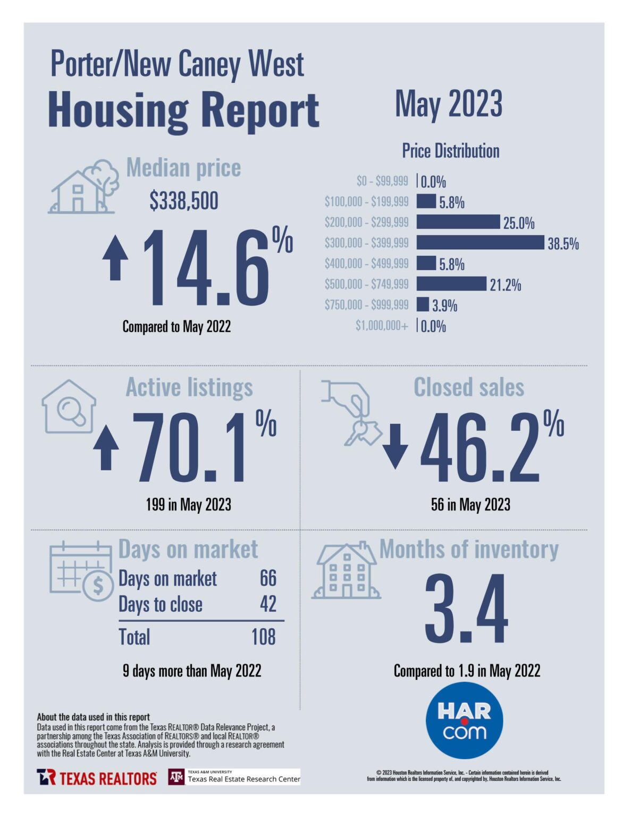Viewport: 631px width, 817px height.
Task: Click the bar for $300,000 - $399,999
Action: pyautogui.click(x=481, y=243)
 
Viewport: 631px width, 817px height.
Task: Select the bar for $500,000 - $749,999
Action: pyautogui.click(x=451, y=284)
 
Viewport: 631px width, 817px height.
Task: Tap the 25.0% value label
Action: pyautogui.click(x=519, y=223)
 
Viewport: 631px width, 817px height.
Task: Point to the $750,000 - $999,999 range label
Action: pyautogui.click(x=367, y=305)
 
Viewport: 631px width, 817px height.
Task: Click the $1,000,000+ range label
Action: pyautogui.click(x=382, y=326)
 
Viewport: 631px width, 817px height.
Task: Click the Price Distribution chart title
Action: pyautogui.click(x=450, y=151)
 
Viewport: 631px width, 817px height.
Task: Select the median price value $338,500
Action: pyautogui.click(x=184, y=201)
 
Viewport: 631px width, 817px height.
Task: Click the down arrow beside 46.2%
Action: pyautogui.click(x=395, y=446)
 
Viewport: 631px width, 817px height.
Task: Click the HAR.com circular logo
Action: pyautogui.click(x=464, y=720)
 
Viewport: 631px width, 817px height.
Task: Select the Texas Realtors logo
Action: pyautogui.click(x=97, y=778)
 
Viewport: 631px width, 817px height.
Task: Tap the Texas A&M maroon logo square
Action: pyautogui.click(x=176, y=777)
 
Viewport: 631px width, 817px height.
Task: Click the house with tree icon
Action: pyautogui.click(x=85, y=187)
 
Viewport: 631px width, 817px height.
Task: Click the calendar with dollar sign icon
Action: pyautogui.click(x=81, y=571)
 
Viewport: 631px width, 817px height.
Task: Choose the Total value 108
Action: pyautogui.click(x=264, y=637)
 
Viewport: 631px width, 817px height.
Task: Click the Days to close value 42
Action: pyautogui.click(x=268, y=604)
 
